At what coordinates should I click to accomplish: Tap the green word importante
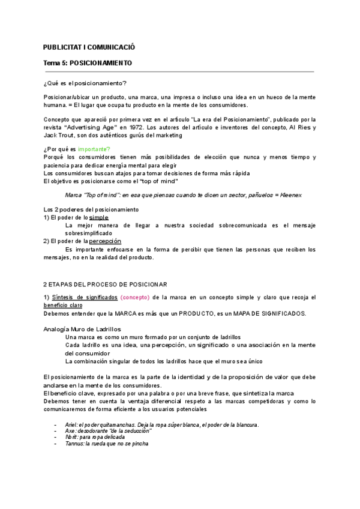click(94, 149)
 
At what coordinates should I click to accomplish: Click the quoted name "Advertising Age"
click(94, 127)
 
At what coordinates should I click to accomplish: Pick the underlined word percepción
click(109, 241)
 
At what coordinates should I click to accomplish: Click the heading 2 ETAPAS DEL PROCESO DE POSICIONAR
click(105, 284)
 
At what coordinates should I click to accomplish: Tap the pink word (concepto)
click(136, 298)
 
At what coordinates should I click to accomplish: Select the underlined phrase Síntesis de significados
click(85, 298)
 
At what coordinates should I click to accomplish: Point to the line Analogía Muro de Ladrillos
click(82, 330)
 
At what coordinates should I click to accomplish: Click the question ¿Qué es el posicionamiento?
click(85, 83)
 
